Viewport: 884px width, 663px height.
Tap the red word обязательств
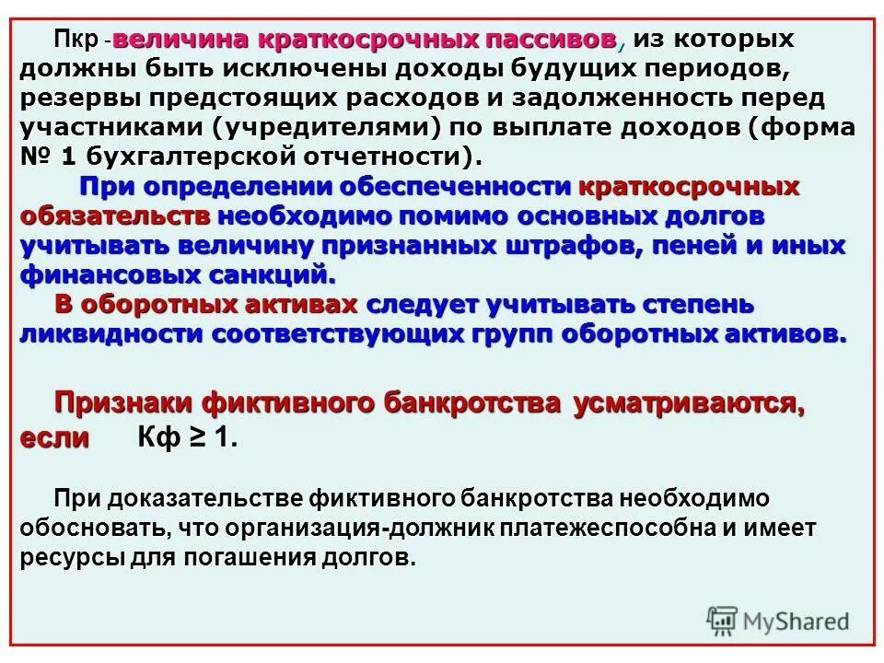click(114, 216)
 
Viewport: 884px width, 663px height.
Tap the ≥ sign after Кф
click(196, 437)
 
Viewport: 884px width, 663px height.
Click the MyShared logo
click(778, 620)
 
